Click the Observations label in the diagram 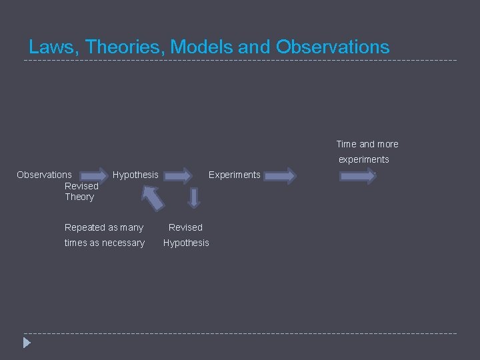(x=44, y=175)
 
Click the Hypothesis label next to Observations (x=135, y=175)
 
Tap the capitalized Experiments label (x=234, y=175)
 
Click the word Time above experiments (x=346, y=144)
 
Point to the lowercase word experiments (x=363, y=159)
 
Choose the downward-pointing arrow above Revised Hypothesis (x=194, y=197)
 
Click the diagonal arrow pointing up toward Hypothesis (x=153, y=198)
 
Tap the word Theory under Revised (x=79, y=197)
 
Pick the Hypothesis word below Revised (x=186, y=243)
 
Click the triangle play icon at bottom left (x=27, y=343)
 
